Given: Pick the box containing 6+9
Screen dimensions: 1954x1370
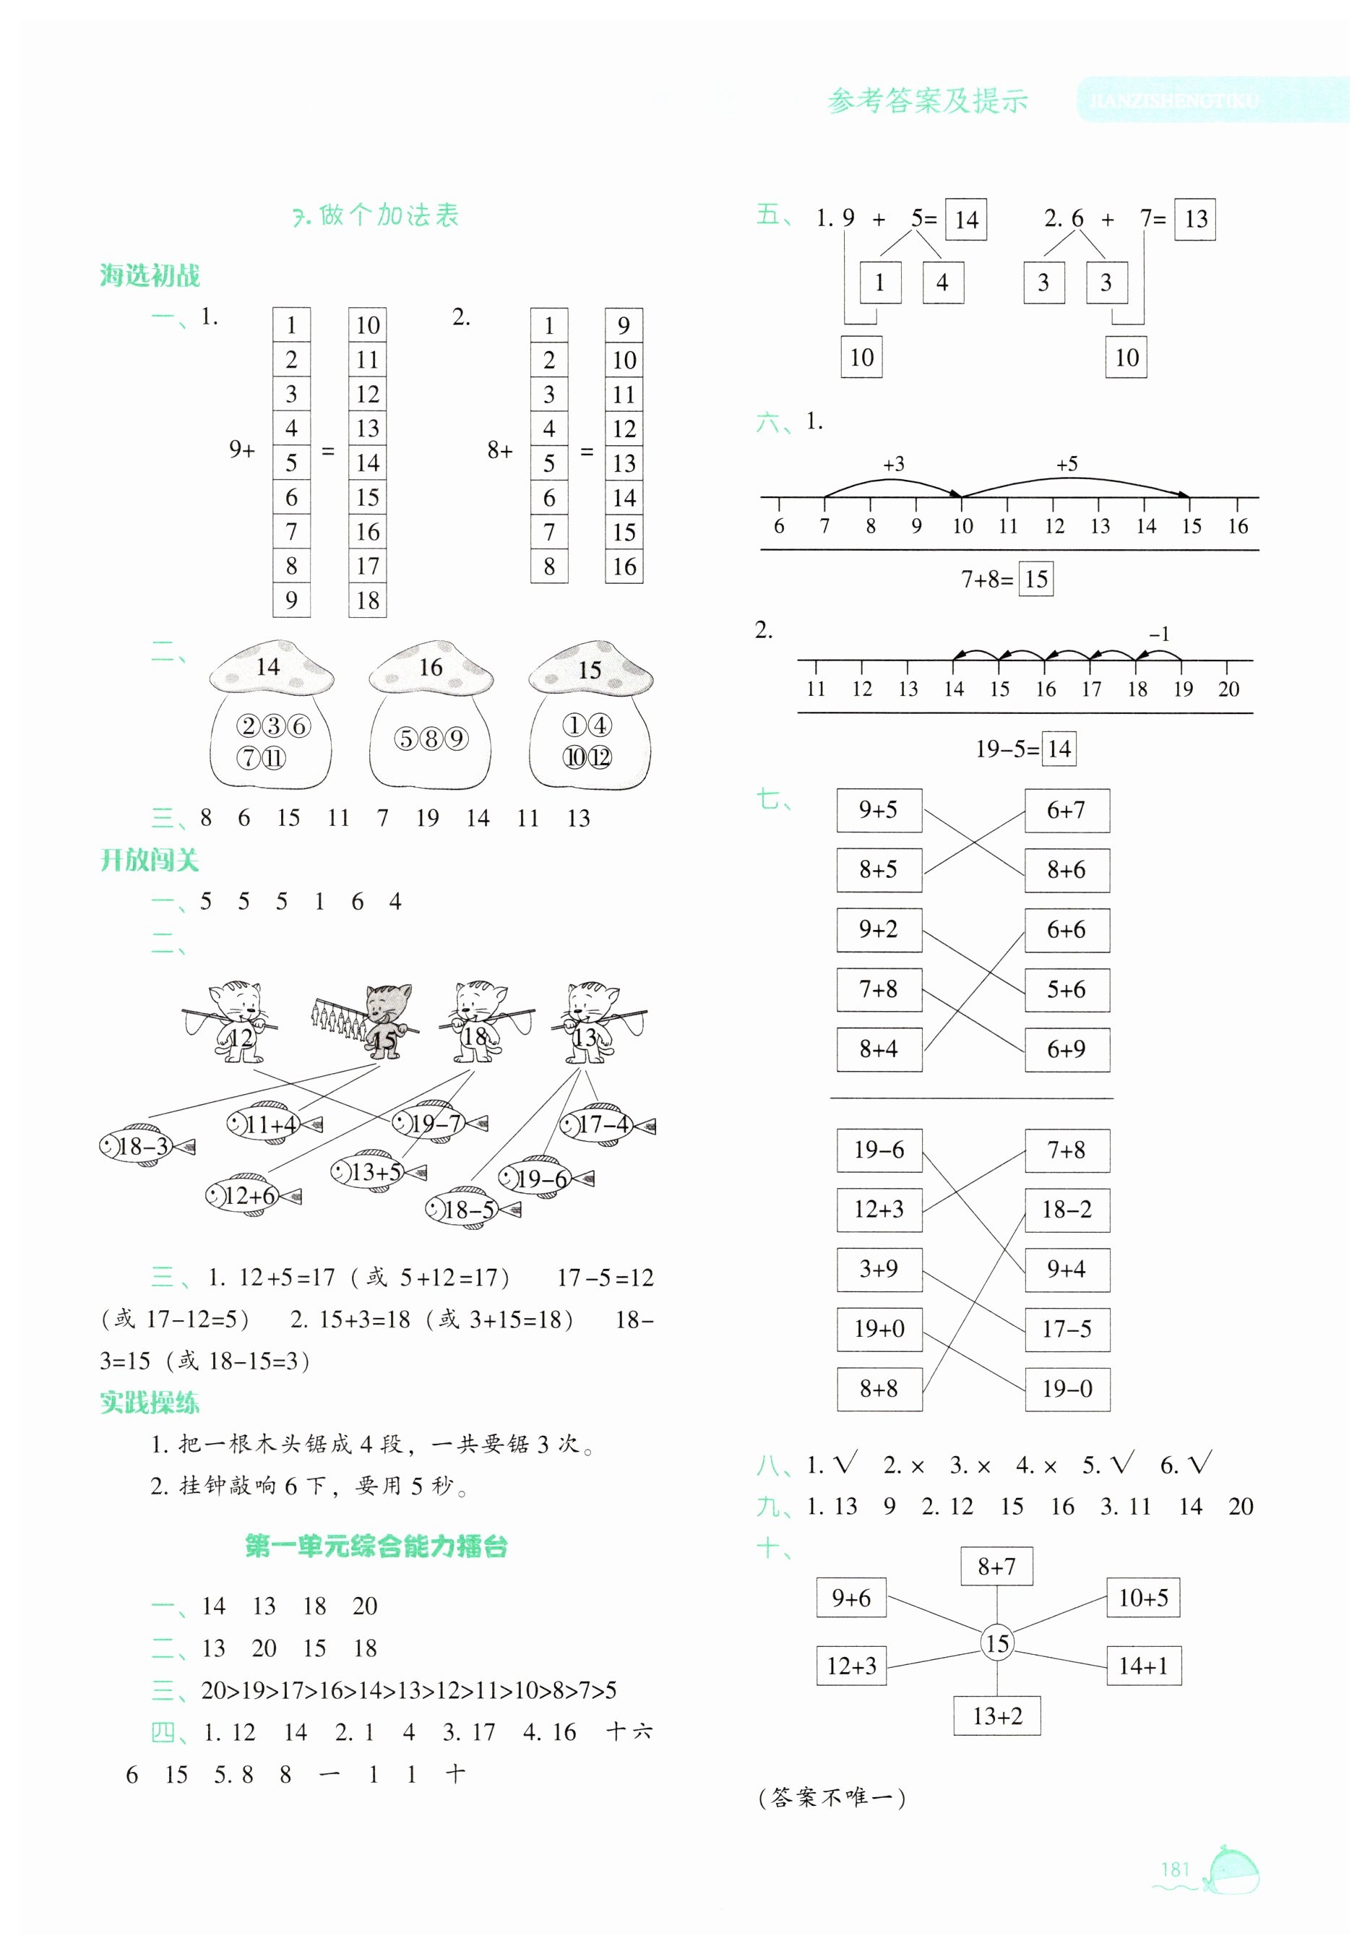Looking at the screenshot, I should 1067,1049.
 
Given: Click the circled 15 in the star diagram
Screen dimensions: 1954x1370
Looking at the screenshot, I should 996,1643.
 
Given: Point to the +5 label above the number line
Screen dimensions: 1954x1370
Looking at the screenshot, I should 1067,465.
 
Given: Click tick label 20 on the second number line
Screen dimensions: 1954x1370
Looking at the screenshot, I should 1228,689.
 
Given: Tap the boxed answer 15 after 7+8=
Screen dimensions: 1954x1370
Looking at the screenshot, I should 1035,580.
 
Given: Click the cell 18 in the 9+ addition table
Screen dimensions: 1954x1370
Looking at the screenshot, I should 368,601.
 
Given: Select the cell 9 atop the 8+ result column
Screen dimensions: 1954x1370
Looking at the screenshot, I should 624,325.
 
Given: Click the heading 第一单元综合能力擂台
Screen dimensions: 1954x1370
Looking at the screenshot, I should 376,1546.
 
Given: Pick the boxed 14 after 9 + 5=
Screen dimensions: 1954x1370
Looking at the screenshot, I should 966,220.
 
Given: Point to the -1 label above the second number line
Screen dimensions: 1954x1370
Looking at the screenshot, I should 1159,634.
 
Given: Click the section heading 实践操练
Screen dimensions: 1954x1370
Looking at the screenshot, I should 150,1403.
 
